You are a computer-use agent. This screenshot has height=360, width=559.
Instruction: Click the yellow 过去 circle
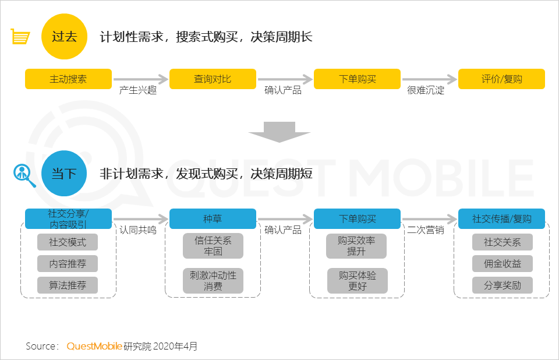click(64, 37)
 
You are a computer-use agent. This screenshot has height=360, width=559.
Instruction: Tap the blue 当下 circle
click(64, 173)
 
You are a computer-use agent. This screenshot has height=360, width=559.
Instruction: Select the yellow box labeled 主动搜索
click(68, 79)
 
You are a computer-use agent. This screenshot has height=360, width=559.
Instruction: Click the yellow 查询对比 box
click(213, 79)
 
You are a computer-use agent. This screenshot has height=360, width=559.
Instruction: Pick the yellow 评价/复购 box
click(501, 79)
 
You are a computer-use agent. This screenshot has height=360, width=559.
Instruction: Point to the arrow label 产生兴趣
click(138, 91)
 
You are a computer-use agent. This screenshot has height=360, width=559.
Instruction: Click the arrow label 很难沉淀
click(426, 91)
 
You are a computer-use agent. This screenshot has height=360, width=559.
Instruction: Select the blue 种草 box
click(213, 219)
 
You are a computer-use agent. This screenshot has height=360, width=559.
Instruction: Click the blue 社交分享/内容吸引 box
click(68, 219)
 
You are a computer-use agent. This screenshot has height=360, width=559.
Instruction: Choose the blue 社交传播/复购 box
click(501, 219)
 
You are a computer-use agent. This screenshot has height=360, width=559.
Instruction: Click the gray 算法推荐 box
click(68, 285)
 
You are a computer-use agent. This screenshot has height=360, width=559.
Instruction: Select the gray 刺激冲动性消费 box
click(213, 280)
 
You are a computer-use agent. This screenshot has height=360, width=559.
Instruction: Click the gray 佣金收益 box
click(502, 264)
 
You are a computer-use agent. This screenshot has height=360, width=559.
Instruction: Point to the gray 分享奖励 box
click(502, 285)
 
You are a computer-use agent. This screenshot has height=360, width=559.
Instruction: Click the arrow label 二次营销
click(426, 230)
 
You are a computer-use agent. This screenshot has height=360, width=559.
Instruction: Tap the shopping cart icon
click(20, 37)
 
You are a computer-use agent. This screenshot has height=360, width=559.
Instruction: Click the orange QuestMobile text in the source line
click(94, 347)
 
